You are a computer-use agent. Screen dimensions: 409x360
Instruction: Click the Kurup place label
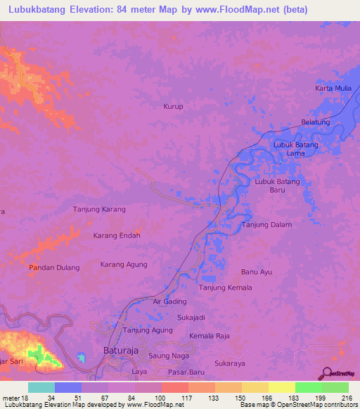pos(173,107)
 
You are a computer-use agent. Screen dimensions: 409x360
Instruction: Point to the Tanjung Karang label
pos(99,209)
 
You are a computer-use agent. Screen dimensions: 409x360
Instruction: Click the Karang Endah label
pos(117,235)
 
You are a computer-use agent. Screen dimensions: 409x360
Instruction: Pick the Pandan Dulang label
pos(54,268)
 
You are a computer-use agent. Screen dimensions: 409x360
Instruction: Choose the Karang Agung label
pos(124,264)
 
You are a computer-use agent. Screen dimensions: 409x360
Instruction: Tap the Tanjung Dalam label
pos(266,225)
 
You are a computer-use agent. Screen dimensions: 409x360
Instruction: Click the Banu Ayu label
pos(256,271)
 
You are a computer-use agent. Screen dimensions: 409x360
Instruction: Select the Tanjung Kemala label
pos(225,288)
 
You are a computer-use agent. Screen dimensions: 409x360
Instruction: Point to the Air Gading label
pos(169,301)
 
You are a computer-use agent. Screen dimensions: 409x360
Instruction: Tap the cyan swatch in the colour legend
pos(41,388)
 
